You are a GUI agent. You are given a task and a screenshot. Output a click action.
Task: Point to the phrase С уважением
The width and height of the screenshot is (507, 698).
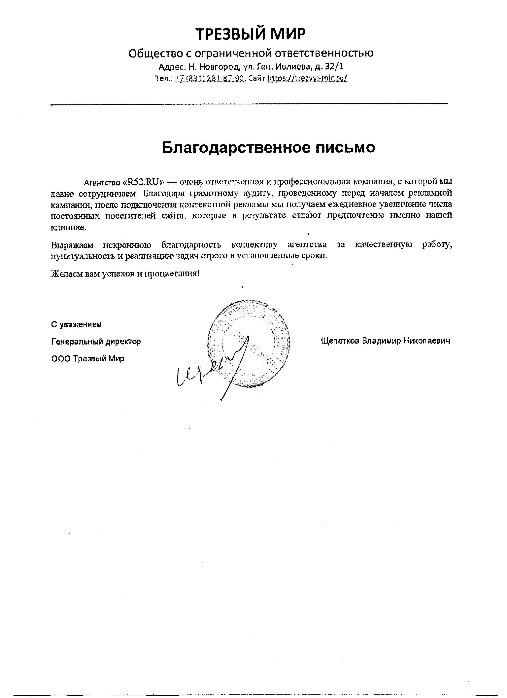pos(76,324)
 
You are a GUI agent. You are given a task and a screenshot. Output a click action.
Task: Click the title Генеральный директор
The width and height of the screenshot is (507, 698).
pos(96,341)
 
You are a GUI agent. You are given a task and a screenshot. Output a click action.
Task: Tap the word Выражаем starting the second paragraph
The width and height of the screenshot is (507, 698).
pos(72,245)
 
